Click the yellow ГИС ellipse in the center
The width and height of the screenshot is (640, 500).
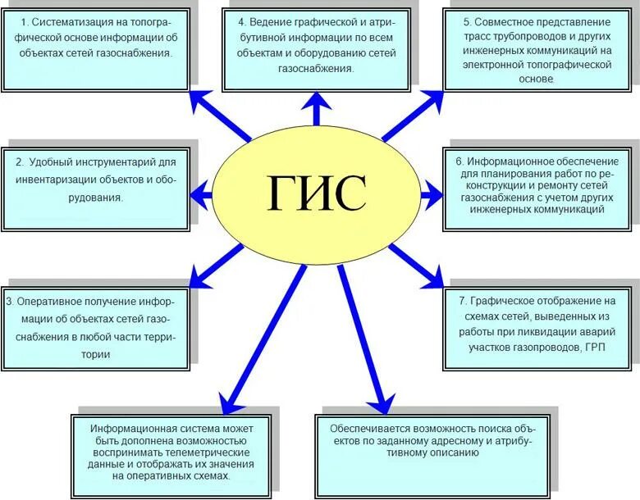tap(316, 193)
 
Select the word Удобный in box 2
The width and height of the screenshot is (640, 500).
tap(57, 161)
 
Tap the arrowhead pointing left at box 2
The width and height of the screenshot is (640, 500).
tap(197, 194)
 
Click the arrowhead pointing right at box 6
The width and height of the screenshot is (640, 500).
tap(436, 194)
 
